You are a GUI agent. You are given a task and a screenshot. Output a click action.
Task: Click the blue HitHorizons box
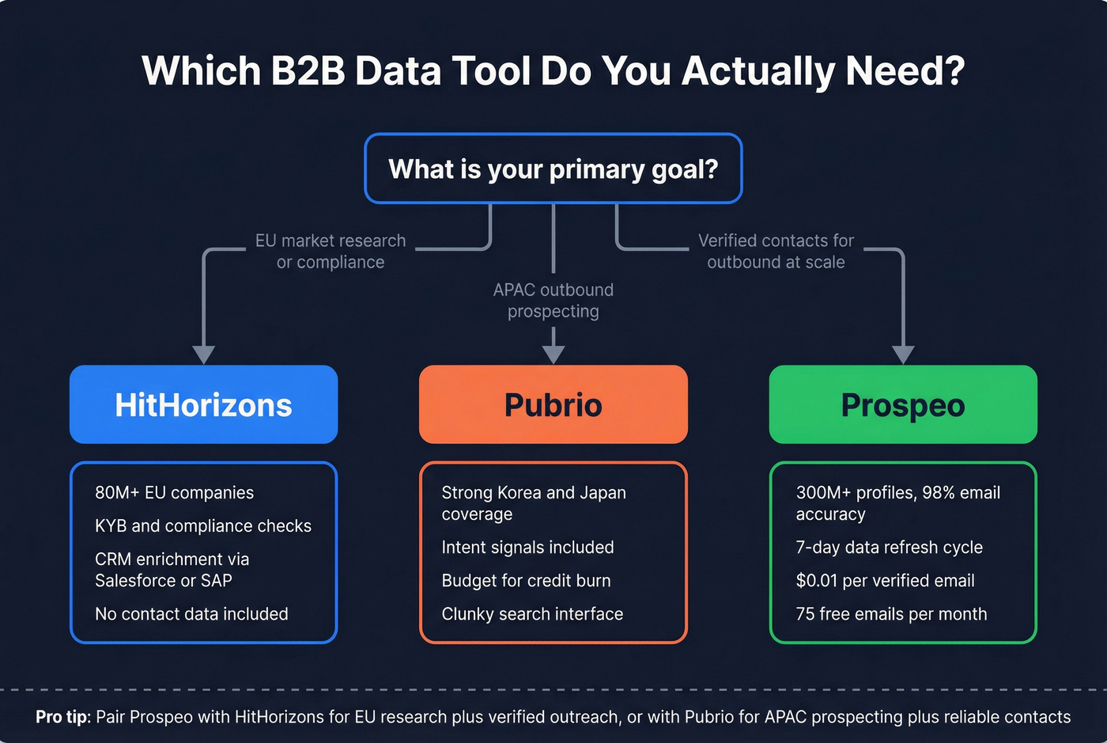click(x=203, y=404)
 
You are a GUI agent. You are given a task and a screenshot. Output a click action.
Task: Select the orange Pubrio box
click(x=553, y=404)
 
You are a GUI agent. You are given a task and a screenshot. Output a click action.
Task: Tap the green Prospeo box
click(x=903, y=404)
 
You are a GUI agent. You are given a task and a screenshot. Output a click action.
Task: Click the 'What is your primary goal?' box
click(x=553, y=169)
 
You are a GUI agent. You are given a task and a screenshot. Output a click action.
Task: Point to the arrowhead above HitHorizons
click(x=204, y=354)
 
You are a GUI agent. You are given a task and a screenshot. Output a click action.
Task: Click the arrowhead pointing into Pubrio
click(x=553, y=354)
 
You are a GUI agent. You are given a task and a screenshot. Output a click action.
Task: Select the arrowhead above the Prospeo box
click(x=903, y=354)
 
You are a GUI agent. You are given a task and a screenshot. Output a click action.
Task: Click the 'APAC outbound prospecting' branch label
click(x=553, y=301)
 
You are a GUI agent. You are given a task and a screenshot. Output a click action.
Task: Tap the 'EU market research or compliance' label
click(x=331, y=251)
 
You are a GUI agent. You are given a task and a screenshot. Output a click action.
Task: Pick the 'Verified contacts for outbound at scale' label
click(x=776, y=251)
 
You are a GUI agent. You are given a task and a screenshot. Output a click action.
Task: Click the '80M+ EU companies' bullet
click(x=174, y=492)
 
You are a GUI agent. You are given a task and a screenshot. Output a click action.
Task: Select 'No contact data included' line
click(x=191, y=613)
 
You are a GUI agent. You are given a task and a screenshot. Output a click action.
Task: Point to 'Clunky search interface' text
click(x=532, y=613)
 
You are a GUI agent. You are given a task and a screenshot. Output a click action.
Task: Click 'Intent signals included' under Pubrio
click(x=527, y=547)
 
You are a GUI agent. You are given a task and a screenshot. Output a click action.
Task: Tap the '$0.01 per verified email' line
click(x=885, y=580)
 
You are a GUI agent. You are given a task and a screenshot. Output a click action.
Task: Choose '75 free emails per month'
click(x=891, y=613)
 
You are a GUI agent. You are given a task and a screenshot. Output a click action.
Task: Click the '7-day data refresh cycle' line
click(x=889, y=547)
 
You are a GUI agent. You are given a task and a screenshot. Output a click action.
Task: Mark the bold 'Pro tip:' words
click(x=63, y=717)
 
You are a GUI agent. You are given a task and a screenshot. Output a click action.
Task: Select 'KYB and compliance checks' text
click(x=203, y=525)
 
